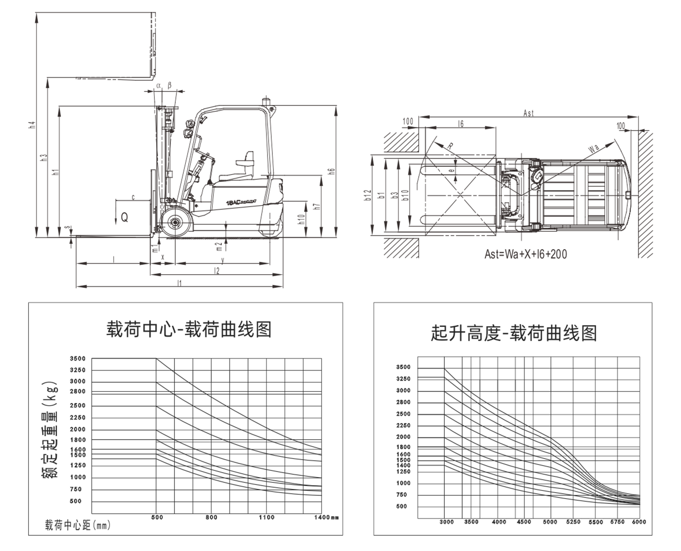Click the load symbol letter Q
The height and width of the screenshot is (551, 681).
tap(124, 217)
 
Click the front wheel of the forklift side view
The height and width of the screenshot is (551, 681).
tap(174, 222)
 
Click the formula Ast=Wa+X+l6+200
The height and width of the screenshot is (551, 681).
tap(525, 254)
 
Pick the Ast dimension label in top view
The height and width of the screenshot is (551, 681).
tap(528, 113)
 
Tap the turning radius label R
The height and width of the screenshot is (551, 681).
tap(450, 146)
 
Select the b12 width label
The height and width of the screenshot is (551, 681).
tap(368, 195)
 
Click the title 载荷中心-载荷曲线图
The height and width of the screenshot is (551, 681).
tap(189, 330)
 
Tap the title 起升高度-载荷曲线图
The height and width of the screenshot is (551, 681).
tap(513, 333)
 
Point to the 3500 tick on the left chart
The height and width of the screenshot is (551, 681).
tap(78, 359)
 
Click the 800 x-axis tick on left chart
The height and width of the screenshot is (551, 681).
tap(211, 517)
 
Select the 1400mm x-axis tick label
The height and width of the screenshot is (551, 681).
tap(326, 517)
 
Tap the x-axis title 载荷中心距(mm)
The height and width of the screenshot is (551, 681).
tap(78, 525)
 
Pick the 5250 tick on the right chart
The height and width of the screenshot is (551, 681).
tap(573, 522)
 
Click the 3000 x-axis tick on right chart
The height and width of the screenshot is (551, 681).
tap(446, 522)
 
